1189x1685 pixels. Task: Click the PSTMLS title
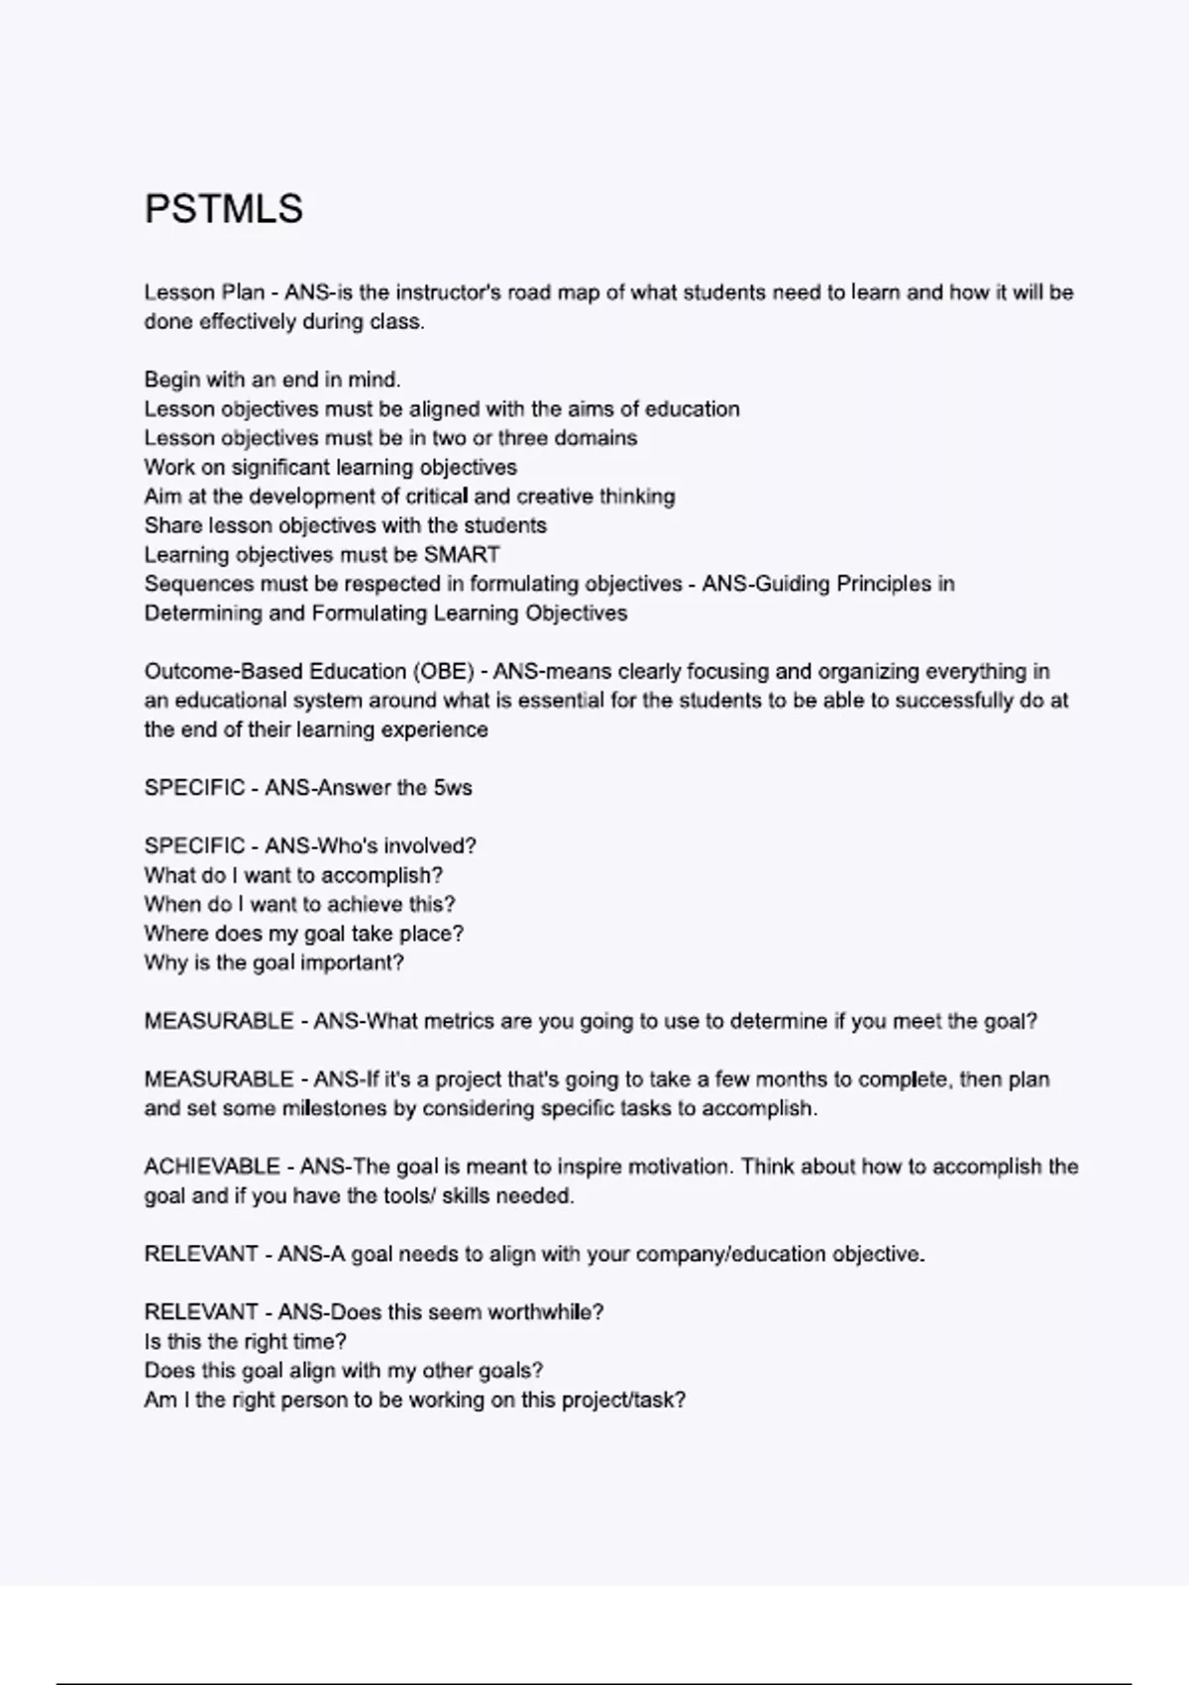coord(224,209)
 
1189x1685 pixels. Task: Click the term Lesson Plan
coord(204,292)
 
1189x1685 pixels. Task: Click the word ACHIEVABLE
coord(212,1167)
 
